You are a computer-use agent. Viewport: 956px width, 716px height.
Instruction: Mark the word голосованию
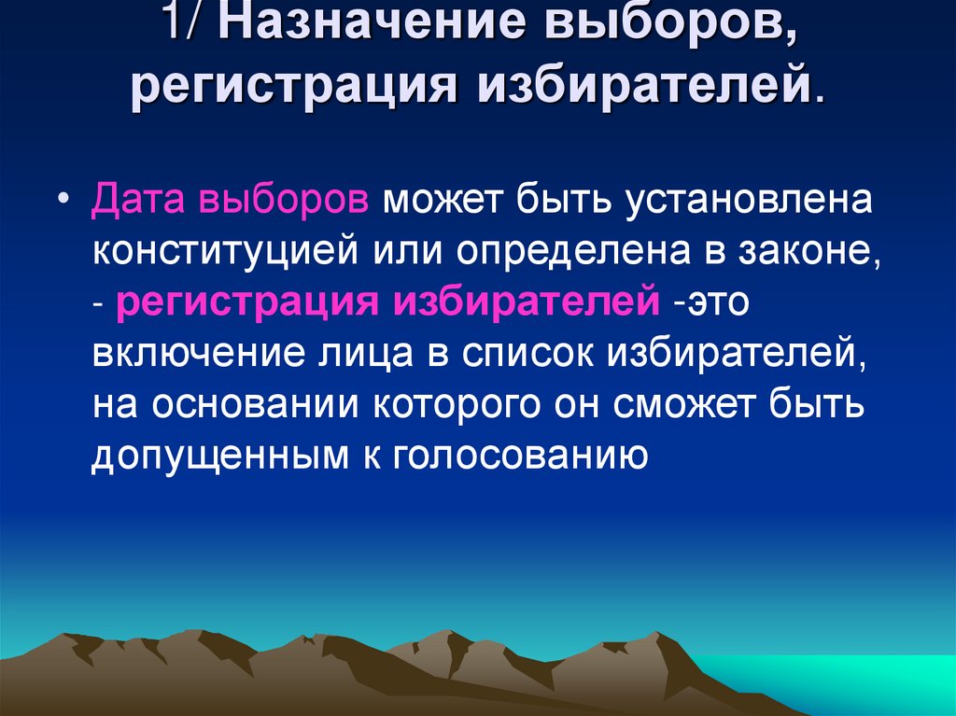[x=519, y=457]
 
